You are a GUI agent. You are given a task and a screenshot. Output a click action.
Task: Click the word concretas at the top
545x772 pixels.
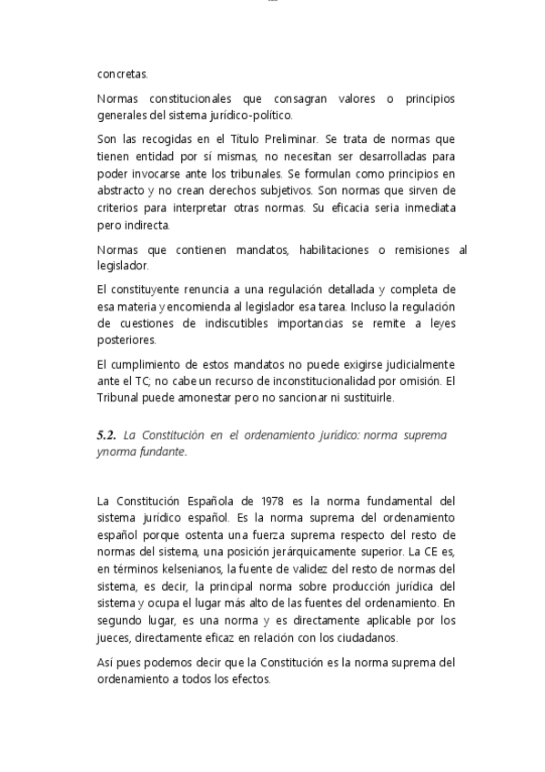point(121,74)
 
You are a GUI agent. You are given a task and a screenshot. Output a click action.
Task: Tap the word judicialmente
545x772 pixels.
point(407,365)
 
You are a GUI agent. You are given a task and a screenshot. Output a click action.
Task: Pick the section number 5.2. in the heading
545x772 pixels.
point(107,435)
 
